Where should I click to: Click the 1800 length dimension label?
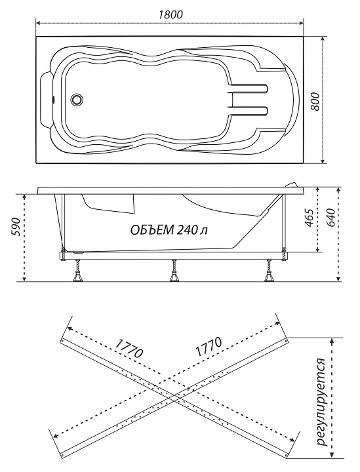[x=170, y=14]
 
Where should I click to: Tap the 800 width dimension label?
[x=315, y=102]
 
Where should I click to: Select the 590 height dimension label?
[x=16, y=227]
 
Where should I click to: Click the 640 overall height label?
[x=330, y=218]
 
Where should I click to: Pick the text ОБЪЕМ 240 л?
[x=169, y=230]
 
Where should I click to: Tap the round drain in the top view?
[x=77, y=99]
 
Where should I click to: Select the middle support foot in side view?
[x=174, y=271]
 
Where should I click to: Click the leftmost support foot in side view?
[x=78, y=271]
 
